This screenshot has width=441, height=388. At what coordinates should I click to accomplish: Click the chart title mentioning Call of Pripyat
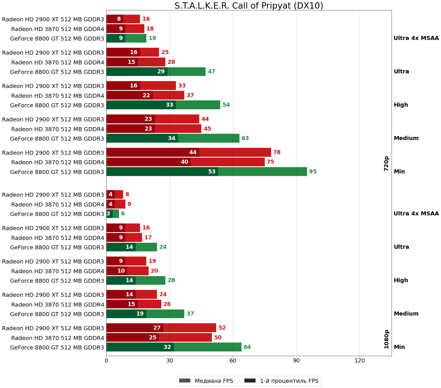248,6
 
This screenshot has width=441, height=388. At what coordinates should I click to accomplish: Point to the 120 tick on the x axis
360,361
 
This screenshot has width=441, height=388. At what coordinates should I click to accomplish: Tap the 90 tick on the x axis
296,361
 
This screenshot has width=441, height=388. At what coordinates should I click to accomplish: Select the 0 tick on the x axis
106,361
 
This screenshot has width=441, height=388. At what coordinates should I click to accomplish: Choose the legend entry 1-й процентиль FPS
282,381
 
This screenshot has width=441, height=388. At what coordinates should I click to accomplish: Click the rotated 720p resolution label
386,164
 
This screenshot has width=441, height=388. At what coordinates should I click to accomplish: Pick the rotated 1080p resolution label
386,339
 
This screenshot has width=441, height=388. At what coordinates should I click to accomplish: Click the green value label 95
313,172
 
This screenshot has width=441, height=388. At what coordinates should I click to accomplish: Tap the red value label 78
277,152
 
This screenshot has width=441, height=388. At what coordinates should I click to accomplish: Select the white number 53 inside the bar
212,172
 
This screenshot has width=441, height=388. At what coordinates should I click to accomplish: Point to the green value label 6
123,214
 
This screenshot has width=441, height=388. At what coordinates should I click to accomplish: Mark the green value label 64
247,347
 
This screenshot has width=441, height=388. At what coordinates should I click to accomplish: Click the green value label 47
211,71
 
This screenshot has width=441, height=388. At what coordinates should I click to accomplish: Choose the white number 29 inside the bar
161,71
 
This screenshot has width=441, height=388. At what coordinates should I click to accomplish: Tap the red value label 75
270,162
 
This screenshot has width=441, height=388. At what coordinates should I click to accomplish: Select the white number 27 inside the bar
157,328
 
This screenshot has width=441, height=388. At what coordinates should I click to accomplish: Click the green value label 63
245,138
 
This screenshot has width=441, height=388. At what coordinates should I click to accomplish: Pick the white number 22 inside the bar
146,95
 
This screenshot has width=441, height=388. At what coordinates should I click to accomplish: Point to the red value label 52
222,328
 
